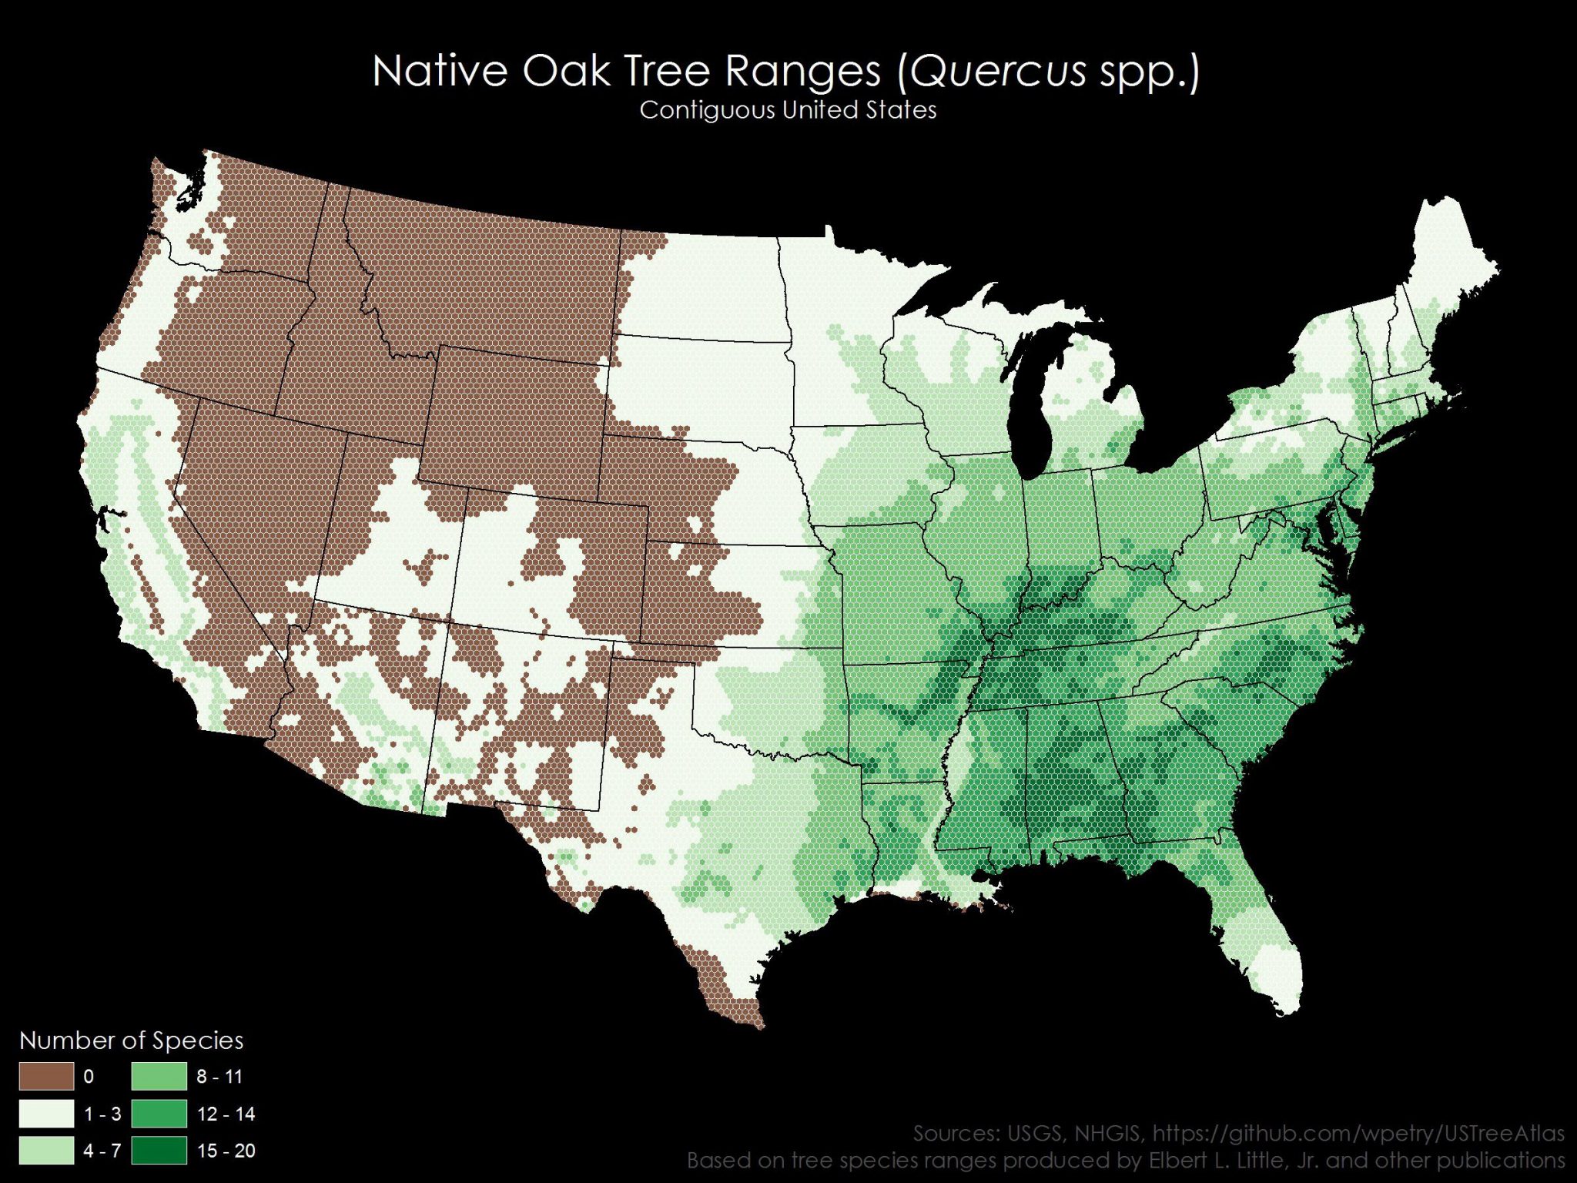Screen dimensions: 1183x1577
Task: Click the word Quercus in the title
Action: coord(999,72)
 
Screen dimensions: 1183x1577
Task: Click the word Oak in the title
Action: coord(564,72)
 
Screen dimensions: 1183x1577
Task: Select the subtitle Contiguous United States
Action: coord(788,110)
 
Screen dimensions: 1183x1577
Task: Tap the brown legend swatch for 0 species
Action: coord(46,1076)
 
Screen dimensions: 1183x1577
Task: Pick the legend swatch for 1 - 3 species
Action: coord(46,1113)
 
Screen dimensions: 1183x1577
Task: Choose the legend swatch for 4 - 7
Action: coord(46,1150)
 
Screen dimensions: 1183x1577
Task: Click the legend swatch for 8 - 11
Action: coord(159,1076)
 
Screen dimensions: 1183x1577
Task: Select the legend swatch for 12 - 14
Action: coord(159,1113)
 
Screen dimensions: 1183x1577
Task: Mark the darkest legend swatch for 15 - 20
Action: coord(159,1150)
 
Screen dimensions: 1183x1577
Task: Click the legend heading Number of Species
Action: coord(131,1041)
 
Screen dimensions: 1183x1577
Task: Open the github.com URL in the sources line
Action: coord(1358,1133)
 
